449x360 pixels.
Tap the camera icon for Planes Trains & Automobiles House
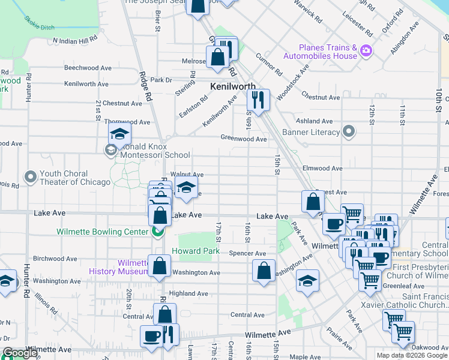pos(364,52)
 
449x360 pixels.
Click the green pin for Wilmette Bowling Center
pos(157,231)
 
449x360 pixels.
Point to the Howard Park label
pos(192,250)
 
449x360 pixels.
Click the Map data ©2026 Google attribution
pos(412,355)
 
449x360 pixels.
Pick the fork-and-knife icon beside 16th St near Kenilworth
pos(258,100)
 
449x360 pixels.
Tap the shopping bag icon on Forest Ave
pos(313,202)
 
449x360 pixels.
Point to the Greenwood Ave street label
pos(243,139)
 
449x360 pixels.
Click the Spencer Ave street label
pos(247,254)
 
